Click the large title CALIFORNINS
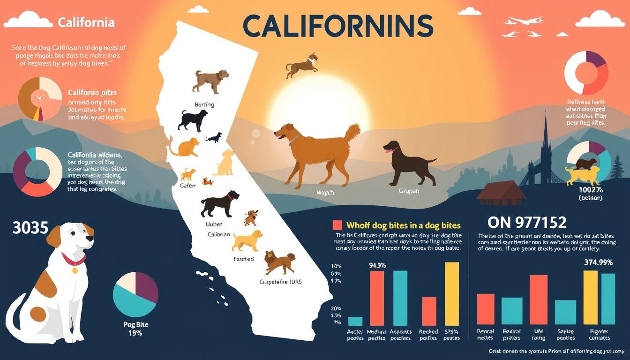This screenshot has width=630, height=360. pos(338,25)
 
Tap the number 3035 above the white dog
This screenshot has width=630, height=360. pos(31,228)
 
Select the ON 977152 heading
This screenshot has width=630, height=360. pos(527,222)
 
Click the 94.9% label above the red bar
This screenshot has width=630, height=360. pos(377,265)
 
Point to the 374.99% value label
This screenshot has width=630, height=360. pos(598,262)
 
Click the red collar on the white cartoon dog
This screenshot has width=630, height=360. pos(74,259)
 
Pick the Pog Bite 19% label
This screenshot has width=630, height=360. pos(135,329)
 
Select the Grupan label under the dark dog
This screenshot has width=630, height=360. pos(409,192)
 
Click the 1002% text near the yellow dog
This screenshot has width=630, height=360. pos(591,190)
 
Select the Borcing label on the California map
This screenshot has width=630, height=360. pos(204,104)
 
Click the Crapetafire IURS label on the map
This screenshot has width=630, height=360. pos(281,282)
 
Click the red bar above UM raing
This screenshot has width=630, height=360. pos(538,300)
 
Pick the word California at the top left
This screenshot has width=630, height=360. pos(86,22)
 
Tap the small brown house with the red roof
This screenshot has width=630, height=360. pos(499,192)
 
